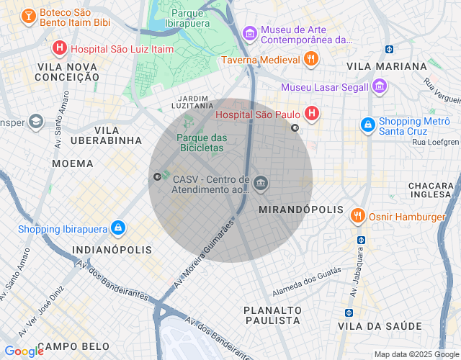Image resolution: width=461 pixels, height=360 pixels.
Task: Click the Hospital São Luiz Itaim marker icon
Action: (60, 48)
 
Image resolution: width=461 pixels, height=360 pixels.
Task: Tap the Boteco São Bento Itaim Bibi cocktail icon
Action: (28, 15)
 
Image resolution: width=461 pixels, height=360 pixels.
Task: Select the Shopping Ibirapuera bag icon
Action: (117, 228)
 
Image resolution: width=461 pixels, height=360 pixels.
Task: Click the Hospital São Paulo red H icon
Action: (311, 113)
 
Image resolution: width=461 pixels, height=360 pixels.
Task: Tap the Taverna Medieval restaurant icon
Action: (311, 60)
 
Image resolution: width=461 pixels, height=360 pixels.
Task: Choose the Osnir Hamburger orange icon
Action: (357, 215)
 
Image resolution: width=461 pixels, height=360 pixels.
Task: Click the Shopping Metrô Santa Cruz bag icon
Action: (368, 125)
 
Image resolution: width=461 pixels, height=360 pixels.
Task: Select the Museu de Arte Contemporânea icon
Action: (249, 33)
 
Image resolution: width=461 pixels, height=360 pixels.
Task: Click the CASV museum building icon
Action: (261, 184)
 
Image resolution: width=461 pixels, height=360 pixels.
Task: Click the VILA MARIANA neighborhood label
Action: (386, 66)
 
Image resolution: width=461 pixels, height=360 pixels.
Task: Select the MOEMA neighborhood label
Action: (73, 163)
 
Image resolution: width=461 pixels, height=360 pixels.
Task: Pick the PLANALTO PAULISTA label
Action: (272, 314)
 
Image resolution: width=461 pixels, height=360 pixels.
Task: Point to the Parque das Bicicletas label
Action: (202, 143)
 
